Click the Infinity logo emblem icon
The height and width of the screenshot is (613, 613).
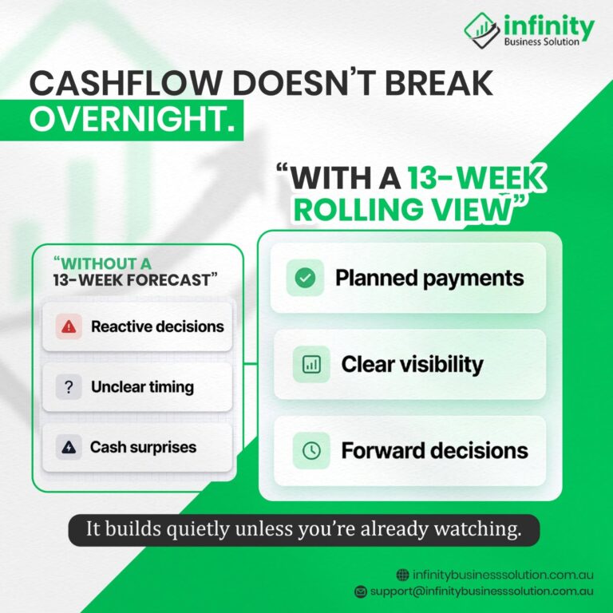click(482, 30)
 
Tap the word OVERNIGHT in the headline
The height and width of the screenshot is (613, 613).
click(132, 119)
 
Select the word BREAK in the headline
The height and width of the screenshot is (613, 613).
click(439, 83)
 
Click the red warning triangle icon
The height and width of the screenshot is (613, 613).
click(69, 326)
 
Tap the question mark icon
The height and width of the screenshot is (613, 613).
click(69, 387)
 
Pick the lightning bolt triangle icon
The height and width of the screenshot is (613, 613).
click(69, 447)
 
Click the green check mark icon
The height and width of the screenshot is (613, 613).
click(306, 278)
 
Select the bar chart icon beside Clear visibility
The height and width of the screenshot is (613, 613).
click(311, 364)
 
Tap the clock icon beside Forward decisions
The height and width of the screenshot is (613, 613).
click(311, 450)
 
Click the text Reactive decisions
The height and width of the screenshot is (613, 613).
click(157, 326)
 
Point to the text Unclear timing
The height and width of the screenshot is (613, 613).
click(142, 387)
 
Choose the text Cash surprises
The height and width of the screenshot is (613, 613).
click(143, 447)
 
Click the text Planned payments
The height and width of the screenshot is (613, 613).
click(429, 278)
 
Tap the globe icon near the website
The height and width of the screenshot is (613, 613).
click(402, 575)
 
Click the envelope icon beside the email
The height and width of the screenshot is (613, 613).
click(361, 591)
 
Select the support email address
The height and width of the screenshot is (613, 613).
click(481, 591)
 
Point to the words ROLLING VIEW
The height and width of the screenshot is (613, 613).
click(402, 209)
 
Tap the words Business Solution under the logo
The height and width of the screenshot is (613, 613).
click(541, 42)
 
